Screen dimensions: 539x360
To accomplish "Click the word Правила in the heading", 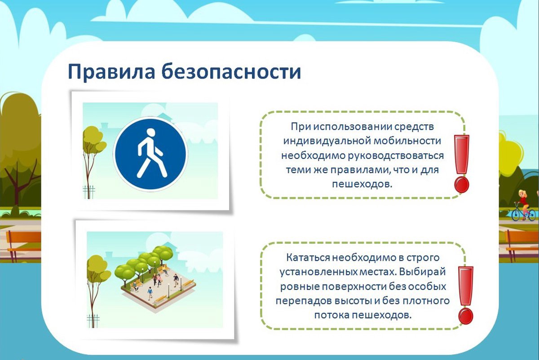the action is pyautogui.click(x=111, y=72).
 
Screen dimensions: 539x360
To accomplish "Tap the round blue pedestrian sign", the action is pyautogui.click(x=151, y=154).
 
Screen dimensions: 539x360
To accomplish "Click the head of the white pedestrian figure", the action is pyautogui.click(x=151, y=132).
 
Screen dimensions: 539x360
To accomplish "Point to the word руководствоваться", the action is pyautogui.click(x=396, y=156).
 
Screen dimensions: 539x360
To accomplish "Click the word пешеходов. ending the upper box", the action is pyautogui.click(x=362, y=184).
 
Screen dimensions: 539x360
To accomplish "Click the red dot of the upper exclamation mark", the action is pyautogui.click(x=462, y=184).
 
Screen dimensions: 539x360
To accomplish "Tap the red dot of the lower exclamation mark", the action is pyautogui.click(x=466, y=316).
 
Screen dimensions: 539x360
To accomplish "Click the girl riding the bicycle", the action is pyautogui.click(x=523, y=206).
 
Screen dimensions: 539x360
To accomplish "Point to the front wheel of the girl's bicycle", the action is pyautogui.click(x=517, y=215).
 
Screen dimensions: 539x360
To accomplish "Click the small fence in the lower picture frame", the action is pyautogui.click(x=93, y=320).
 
